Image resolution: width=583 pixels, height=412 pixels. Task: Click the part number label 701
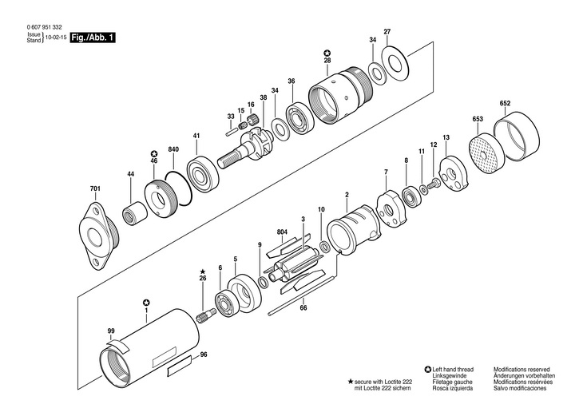coord(95,190)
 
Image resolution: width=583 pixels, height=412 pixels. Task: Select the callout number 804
coord(282,232)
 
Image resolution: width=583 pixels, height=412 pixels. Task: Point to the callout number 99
coord(111,330)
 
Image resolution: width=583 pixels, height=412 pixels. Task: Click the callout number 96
coord(204,355)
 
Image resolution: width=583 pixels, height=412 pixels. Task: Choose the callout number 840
coord(173,149)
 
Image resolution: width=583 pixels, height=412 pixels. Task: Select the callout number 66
coord(303,307)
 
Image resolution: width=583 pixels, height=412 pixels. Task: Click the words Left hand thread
coord(453,370)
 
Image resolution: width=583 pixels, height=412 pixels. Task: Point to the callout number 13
coord(446,138)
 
